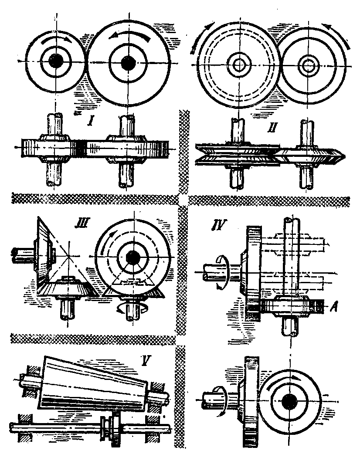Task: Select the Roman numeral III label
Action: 82,224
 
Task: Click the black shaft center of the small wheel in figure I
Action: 55,61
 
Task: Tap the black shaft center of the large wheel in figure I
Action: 127,63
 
